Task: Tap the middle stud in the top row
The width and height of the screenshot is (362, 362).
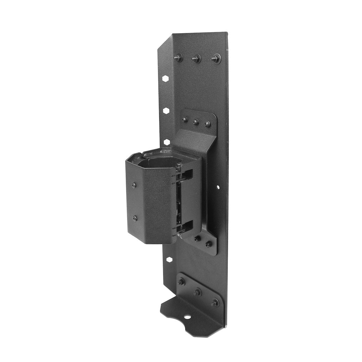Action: tap(196, 59)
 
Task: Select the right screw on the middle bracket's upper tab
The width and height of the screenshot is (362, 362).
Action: tap(207, 124)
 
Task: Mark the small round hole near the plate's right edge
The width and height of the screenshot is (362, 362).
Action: tap(218, 188)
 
